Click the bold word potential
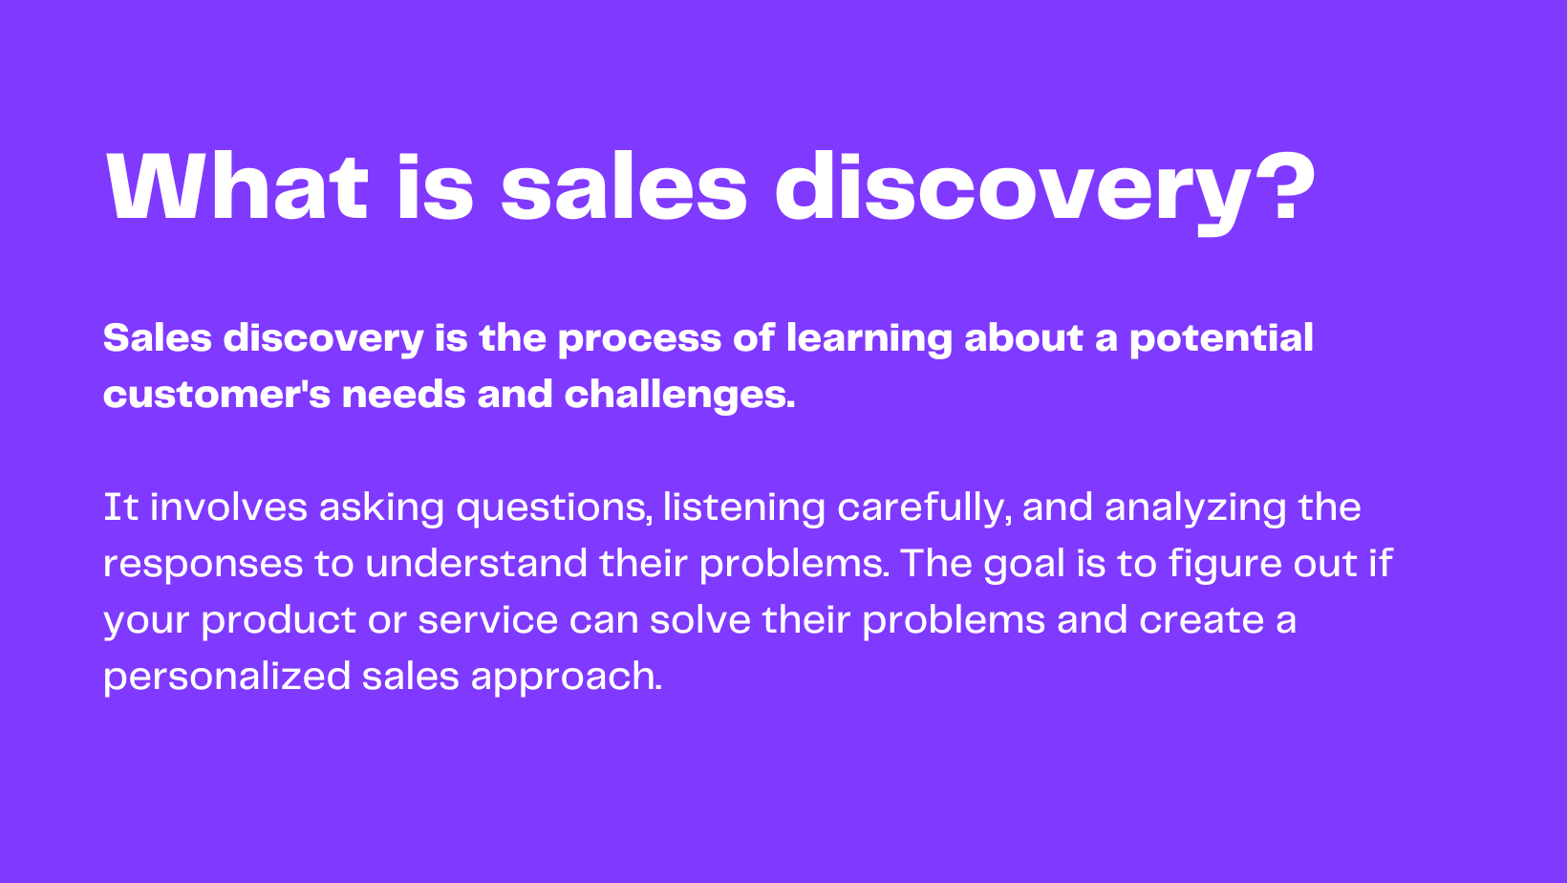coord(1220,339)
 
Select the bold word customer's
coord(217,395)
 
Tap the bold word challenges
coord(679,395)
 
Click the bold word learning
coord(869,339)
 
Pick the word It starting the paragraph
coord(120,507)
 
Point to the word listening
coord(743,507)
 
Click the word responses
coord(203,564)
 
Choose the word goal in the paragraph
coord(1023,564)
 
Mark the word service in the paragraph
coord(487,620)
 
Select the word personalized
coord(226,677)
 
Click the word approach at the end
coord(565,677)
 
